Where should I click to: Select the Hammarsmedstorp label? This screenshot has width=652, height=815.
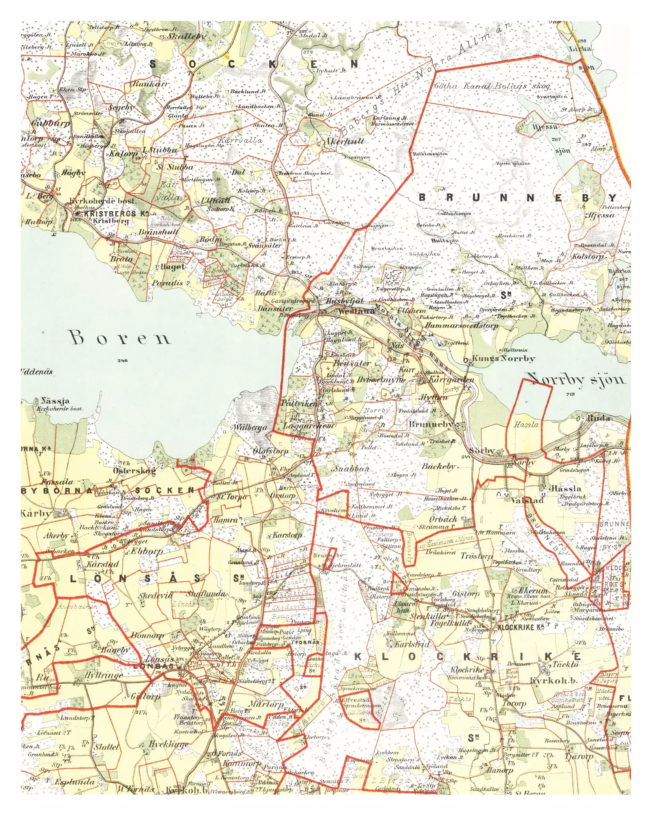461,326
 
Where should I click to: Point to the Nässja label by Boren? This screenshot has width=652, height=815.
55,401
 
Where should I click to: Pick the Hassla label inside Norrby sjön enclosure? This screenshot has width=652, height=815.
526,425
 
